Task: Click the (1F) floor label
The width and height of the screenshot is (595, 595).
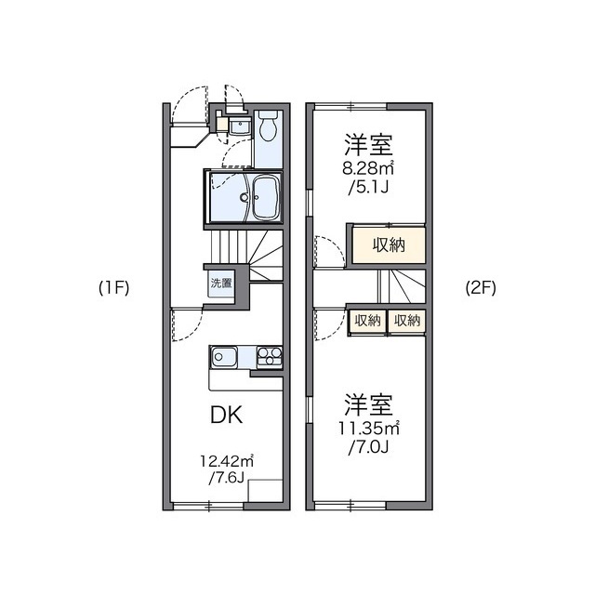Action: pyautogui.click(x=113, y=287)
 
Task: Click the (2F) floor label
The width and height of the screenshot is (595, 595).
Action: pyautogui.click(x=481, y=287)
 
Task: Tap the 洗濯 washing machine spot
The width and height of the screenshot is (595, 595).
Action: pyautogui.click(x=220, y=283)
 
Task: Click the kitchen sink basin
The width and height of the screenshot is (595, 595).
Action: pyautogui.click(x=225, y=356)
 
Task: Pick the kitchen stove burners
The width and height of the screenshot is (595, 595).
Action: pyautogui.click(x=268, y=356)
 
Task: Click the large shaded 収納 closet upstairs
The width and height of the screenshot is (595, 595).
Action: pyautogui.click(x=388, y=245)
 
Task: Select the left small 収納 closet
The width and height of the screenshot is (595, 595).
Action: pyautogui.click(x=367, y=320)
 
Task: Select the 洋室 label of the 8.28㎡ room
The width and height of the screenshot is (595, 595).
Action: pyautogui.click(x=369, y=145)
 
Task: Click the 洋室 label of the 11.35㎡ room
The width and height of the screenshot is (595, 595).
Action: pyautogui.click(x=369, y=405)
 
